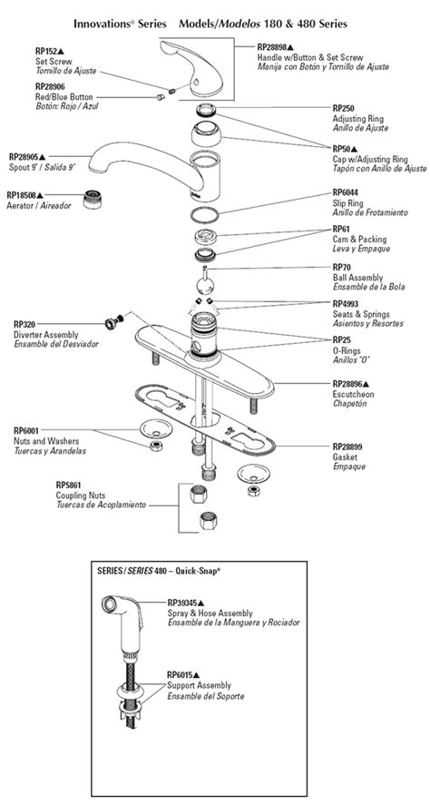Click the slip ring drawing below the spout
tap(210, 216)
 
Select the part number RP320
tap(24, 323)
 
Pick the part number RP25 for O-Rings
tap(341, 339)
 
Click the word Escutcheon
tap(354, 394)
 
